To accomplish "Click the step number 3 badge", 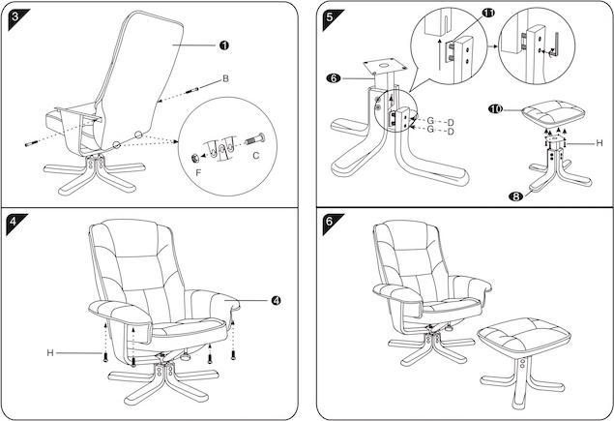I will click(12, 13).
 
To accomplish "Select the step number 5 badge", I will click(331, 13).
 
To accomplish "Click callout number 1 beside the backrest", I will click(223, 45).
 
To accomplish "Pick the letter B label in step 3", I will click(225, 77).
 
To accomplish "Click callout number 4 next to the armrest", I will click(277, 301).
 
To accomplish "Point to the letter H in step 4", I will click(49, 352).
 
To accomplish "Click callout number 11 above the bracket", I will click(487, 14).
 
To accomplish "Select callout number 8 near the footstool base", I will click(515, 196).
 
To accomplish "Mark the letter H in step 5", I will click(599, 142).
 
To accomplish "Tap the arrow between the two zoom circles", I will click(490, 44).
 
